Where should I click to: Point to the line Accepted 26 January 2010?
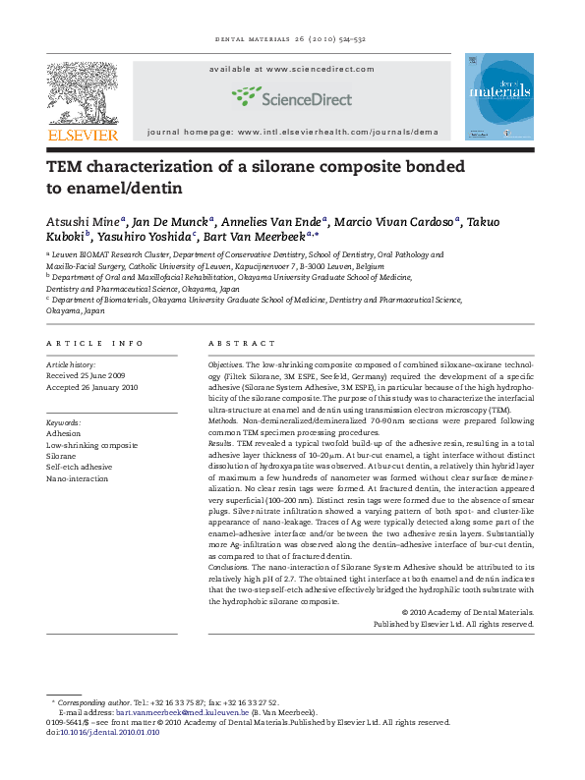click(95, 384)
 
